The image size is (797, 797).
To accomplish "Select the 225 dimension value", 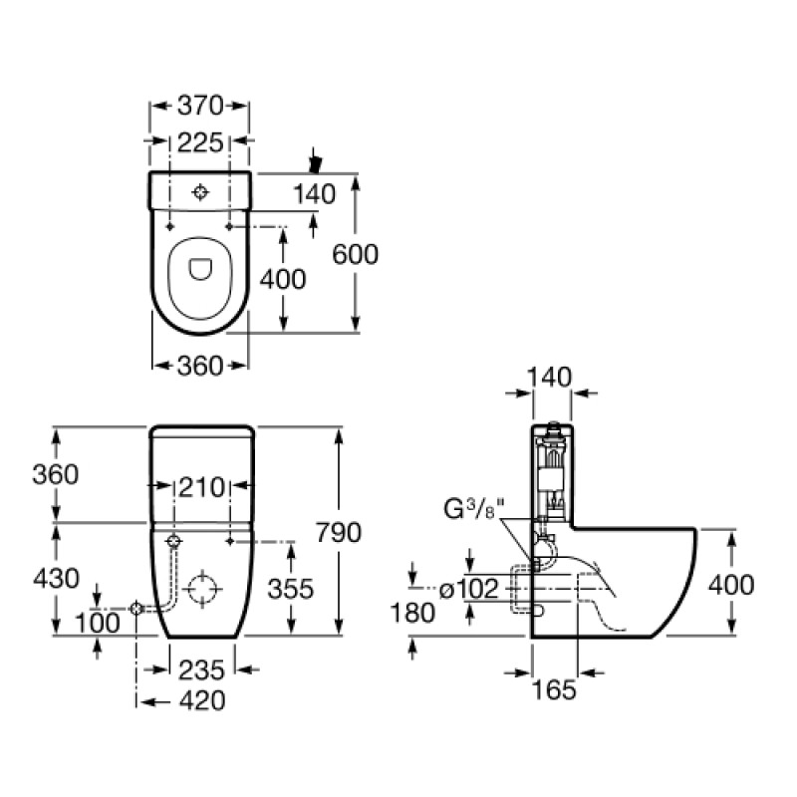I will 199,143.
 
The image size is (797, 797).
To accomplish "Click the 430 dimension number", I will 55,579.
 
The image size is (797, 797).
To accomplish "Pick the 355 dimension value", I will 290,589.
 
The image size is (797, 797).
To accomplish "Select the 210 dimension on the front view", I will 202,489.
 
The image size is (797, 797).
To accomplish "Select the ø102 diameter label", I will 468,590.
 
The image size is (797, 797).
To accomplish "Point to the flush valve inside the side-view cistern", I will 549,473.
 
